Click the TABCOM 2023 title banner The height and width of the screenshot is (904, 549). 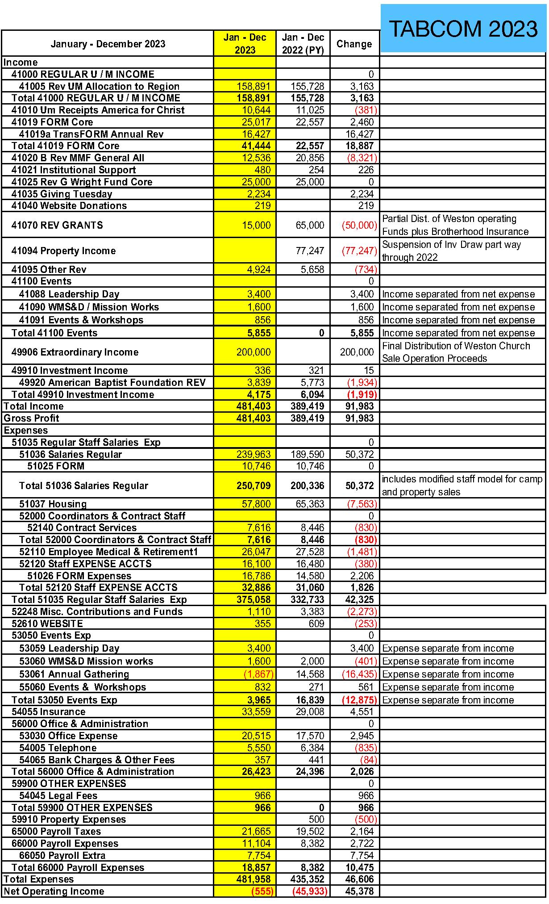[x=463, y=29]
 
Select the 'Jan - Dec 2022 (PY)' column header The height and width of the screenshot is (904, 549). [x=303, y=44]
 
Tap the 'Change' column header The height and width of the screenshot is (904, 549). [x=354, y=44]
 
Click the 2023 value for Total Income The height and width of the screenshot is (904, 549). [x=254, y=406]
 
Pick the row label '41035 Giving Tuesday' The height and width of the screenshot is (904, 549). [x=62, y=194]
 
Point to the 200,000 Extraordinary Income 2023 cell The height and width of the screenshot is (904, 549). [x=254, y=352]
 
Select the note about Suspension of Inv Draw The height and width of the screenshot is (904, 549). [x=451, y=251]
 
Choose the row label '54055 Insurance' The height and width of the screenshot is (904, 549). [x=48, y=711]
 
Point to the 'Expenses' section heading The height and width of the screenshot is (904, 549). [x=26, y=431]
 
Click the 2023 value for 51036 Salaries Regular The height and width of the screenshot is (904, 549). [x=254, y=454]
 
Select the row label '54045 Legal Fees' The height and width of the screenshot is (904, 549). [x=58, y=795]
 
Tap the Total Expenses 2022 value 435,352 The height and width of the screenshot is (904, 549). [x=308, y=879]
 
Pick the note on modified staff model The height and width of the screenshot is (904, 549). [x=462, y=485]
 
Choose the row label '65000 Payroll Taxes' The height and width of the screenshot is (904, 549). [x=56, y=831]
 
